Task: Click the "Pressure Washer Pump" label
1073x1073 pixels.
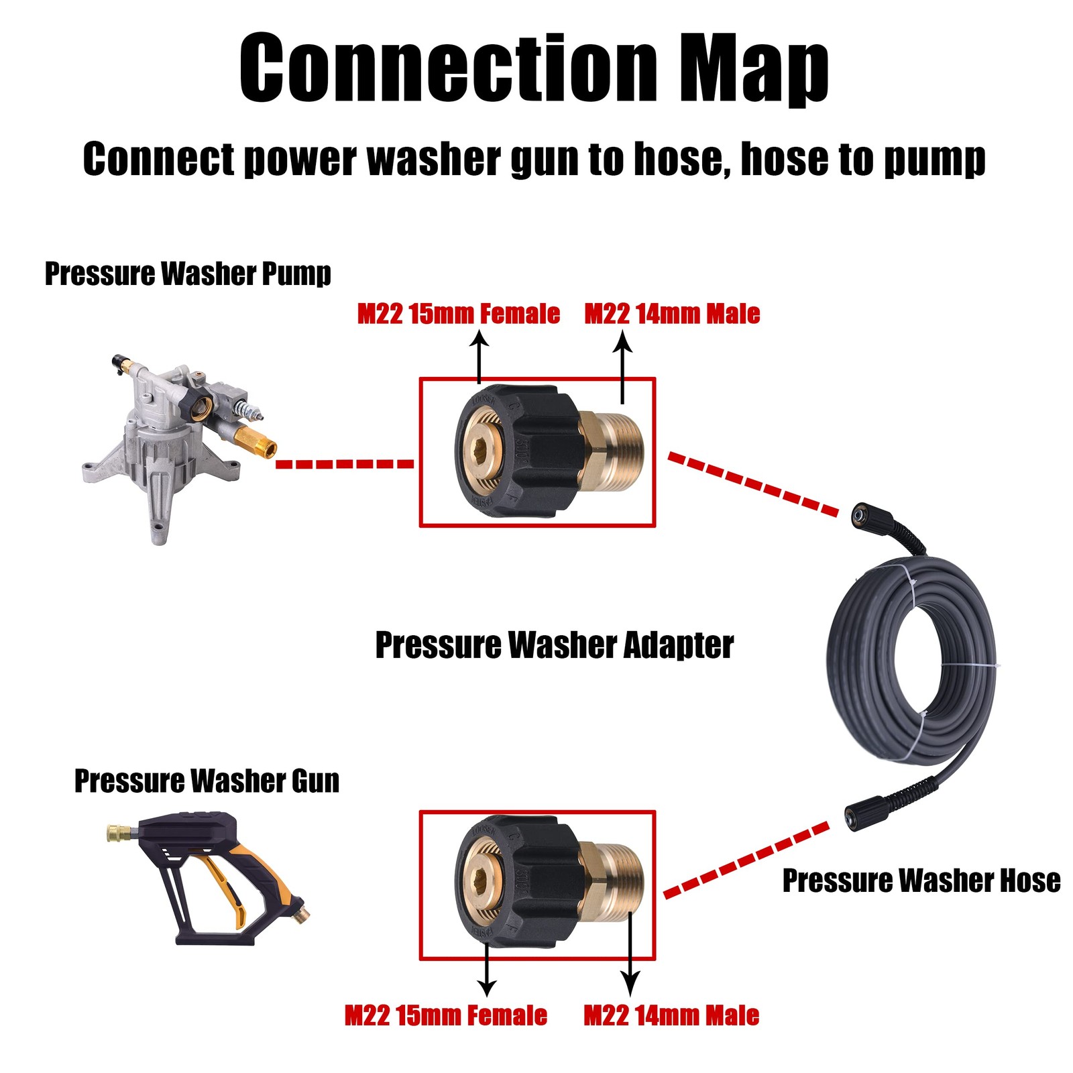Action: click(188, 274)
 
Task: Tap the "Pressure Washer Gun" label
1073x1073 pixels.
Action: click(207, 781)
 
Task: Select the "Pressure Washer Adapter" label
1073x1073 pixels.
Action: click(554, 644)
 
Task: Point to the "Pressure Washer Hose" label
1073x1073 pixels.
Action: click(921, 880)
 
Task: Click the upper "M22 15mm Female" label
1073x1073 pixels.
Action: click(459, 314)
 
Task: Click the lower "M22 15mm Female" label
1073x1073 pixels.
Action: click(446, 1015)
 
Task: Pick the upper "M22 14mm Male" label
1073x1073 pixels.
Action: click(672, 314)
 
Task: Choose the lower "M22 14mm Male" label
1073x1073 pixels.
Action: click(671, 1015)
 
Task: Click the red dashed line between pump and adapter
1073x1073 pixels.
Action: click(345, 463)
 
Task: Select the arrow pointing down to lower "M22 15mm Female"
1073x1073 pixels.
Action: click(487, 970)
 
